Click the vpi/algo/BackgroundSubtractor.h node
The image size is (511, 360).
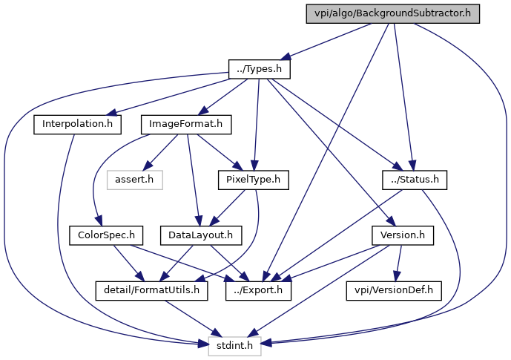tap(392, 13)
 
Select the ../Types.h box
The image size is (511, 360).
tap(260, 69)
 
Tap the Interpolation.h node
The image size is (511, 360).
tap(78, 124)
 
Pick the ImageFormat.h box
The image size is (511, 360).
tap(186, 124)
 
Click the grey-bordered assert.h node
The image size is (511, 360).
tap(134, 180)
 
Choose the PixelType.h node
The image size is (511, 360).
tap(253, 180)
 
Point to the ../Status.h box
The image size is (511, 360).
tap(415, 180)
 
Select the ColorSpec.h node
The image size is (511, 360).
tap(106, 235)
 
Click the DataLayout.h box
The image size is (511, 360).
tap(201, 235)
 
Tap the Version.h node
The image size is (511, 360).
tap(403, 235)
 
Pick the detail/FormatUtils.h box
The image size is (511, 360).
tap(151, 290)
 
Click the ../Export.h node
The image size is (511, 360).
tap(258, 290)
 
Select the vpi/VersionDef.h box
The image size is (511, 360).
tap(394, 290)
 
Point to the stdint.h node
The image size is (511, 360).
tap(234, 346)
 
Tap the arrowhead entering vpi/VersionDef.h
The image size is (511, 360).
tap(396, 276)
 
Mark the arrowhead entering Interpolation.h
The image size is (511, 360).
tap(111, 113)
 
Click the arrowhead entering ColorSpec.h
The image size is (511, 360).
tap(99, 220)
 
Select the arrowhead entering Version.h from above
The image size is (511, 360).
tap(390, 221)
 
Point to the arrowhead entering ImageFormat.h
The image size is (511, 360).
tap(202, 110)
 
